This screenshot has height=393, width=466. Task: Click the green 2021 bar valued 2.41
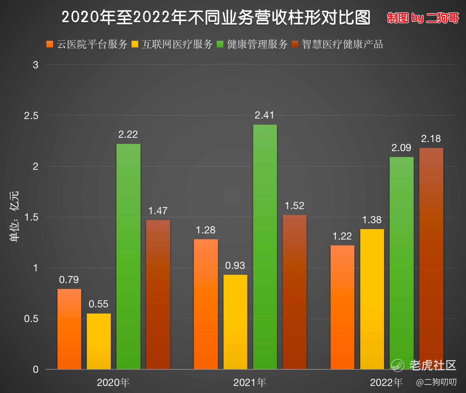coord(265,247)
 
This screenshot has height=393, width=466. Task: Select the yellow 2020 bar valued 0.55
coord(99,341)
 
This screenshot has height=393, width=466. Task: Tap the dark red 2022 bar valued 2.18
coord(431,258)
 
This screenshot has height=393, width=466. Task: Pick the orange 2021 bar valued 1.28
coord(206,304)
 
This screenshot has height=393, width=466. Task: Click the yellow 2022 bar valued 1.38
coord(372,299)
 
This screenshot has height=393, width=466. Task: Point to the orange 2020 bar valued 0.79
coord(69,329)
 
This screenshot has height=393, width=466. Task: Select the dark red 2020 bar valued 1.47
coord(158,294)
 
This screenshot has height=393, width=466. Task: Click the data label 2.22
coord(128,134)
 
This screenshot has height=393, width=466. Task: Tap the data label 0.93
coord(235,265)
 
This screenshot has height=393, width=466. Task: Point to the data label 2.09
coord(401,148)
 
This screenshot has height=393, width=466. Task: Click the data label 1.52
coord(294,206)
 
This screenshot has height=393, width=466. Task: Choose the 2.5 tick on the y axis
coord(31,116)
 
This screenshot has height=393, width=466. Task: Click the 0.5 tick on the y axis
coord(31,319)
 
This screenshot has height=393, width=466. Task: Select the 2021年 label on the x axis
coord(250,383)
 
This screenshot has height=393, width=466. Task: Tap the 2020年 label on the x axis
coord(113,383)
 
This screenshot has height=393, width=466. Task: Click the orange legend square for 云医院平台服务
coord(50,44)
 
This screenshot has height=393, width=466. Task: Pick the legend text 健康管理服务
coord(257,44)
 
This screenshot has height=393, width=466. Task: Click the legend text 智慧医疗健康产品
coord(342,44)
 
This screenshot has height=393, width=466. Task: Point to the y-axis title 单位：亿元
coord(14,216)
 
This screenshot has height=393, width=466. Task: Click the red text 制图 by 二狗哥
coord(423,18)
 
